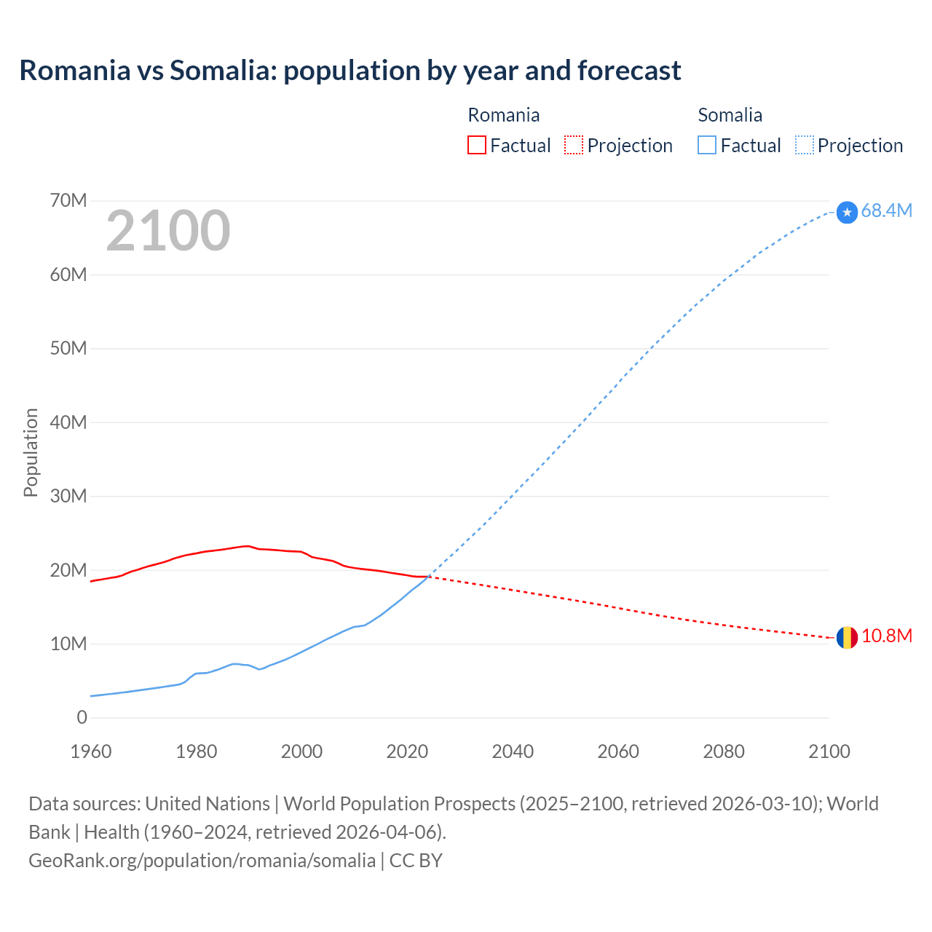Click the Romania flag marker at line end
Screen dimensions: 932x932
pyautogui.click(x=846, y=638)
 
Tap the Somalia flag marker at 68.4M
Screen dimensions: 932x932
pyautogui.click(x=847, y=212)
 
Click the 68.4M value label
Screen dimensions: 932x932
pyautogui.click(x=886, y=210)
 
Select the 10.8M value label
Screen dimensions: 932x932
pyautogui.click(x=886, y=636)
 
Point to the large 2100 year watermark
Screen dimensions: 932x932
pyautogui.click(x=168, y=231)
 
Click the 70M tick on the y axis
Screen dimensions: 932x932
pyautogui.click(x=68, y=200)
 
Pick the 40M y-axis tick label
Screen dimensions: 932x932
pyautogui.click(x=68, y=422)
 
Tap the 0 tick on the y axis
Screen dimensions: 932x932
pyautogui.click(x=82, y=717)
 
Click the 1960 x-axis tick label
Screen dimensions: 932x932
pyautogui.click(x=91, y=751)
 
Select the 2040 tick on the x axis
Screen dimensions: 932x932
pyautogui.click(x=513, y=751)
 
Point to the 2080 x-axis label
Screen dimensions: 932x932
pyautogui.click(x=724, y=751)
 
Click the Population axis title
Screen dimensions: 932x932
pyautogui.click(x=31, y=452)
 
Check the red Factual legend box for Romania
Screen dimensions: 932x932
pyautogui.click(x=476, y=145)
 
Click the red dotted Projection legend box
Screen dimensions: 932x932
pyautogui.click(x=574, y=145)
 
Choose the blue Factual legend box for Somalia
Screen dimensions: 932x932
pyautogui.click(x=706, y=145)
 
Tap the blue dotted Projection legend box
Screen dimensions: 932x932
pyautogui.click(x=804, y=145)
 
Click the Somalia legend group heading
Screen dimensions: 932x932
pyautogui.click(x=730, y=115)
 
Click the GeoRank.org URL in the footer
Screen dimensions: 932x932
pyautogui.click(x=202, y=860)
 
